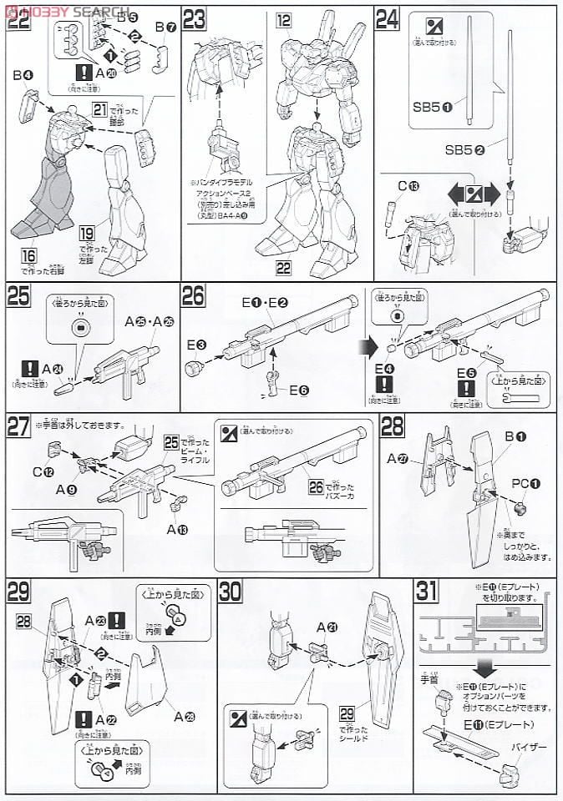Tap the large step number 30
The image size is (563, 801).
click(x=231, y=592)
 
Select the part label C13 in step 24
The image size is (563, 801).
click(x=396, y=186)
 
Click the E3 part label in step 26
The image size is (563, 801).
click(x=195, y=343)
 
